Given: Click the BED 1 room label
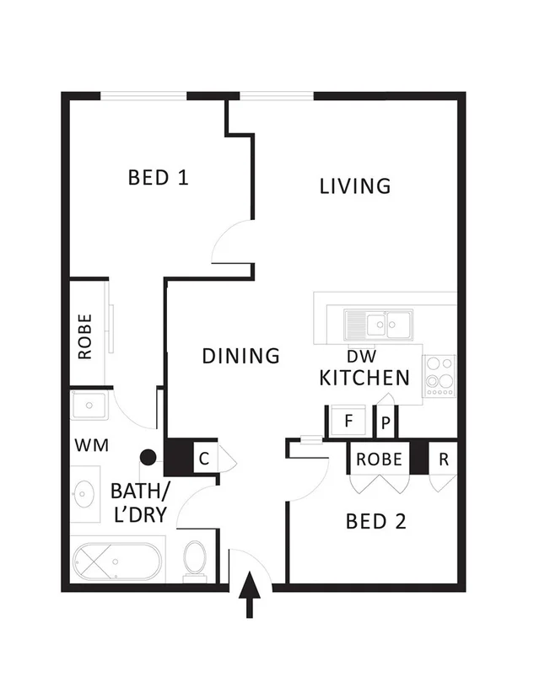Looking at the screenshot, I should click(x=158, y=178).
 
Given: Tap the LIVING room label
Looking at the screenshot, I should click(x=355, y=185).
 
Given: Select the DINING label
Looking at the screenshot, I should click(x=240, y=356).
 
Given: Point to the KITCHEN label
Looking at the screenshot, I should click(x=364, y=378).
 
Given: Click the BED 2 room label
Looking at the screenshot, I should click(x=376, y=521).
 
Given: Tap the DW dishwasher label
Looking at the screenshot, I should click(x=361, y=356).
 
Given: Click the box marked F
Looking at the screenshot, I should click(x=348, y=422).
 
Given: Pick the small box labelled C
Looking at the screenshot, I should click(x=204, y=459).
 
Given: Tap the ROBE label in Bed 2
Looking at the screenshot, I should click(x=379, y=459).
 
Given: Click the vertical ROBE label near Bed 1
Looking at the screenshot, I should click(x=85, y=336).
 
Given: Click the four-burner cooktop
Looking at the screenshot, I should click(x=439, y=375).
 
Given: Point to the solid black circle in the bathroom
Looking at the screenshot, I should click(x=148, y=458).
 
